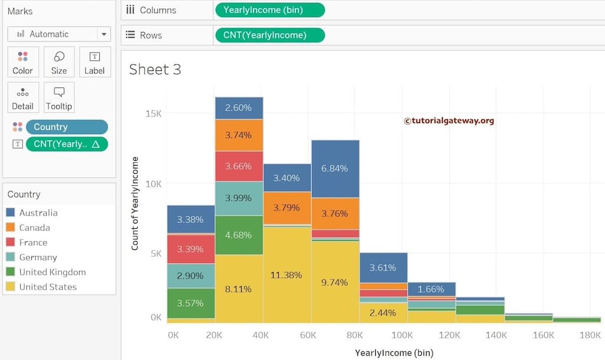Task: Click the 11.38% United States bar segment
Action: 287,275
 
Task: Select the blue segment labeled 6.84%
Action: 335,168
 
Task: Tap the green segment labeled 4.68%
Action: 239,235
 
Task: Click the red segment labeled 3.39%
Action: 190,249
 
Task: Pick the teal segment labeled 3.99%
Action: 239,198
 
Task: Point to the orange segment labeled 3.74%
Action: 239,135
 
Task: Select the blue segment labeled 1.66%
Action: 431,289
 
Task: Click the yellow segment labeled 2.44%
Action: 383,313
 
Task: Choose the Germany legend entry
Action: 38,257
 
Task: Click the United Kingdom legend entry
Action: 52,272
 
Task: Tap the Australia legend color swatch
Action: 11,213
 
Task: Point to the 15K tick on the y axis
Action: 154,113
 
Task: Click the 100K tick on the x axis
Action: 402,335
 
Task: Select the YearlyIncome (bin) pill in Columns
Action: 270,10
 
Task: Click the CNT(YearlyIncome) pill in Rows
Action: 270,35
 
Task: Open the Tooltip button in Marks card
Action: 58,98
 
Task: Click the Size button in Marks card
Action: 58,62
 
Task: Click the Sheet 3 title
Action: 155,69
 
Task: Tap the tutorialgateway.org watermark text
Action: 449,121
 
